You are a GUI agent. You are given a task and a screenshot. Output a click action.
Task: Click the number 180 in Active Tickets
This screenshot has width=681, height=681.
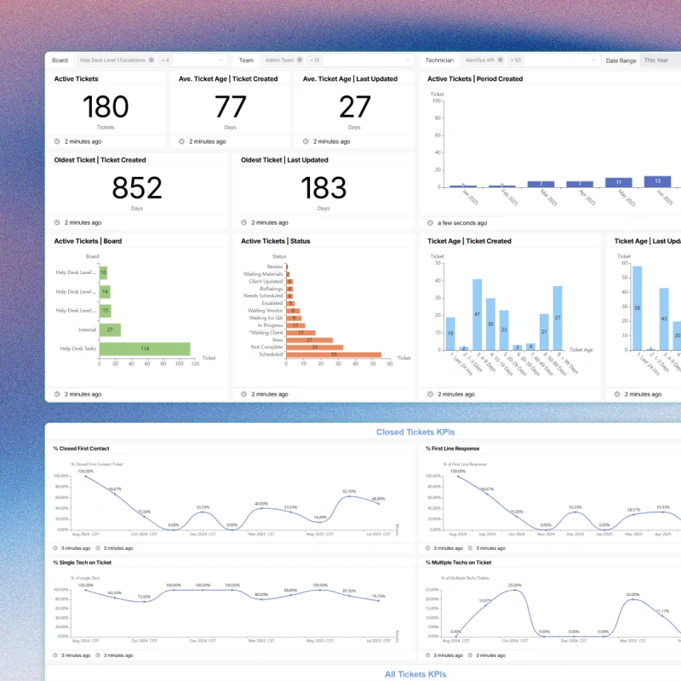click(x=106, y=106)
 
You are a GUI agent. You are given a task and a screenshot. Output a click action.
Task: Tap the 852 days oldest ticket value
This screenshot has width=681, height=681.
click(x=136, y=187)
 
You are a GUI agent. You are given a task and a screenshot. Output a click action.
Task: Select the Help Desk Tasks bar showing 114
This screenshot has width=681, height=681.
click(x=145, y=348)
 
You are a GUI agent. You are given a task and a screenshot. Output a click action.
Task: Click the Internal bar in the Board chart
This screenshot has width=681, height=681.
click(x=110, y=329)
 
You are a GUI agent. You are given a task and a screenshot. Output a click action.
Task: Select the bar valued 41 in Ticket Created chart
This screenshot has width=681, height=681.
click(x=477, y=315)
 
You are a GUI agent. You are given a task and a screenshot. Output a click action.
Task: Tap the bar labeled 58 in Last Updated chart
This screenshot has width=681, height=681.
click(x=637, y=308)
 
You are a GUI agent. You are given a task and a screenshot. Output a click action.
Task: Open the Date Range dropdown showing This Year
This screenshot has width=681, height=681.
click(x=660, y=60)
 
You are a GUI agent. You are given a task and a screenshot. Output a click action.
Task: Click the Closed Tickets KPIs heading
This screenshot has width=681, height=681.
click(x=415, y=432)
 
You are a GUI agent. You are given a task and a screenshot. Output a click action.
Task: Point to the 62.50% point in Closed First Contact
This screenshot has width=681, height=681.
click(x=348, y=497)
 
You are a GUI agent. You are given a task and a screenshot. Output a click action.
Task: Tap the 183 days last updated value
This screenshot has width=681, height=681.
click(x=323, y=187)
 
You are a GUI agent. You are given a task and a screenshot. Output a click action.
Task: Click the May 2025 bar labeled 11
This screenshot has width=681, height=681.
click(x=618, y=182)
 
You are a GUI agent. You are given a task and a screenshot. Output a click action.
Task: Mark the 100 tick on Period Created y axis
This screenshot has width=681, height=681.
click(x=437, y=100)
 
